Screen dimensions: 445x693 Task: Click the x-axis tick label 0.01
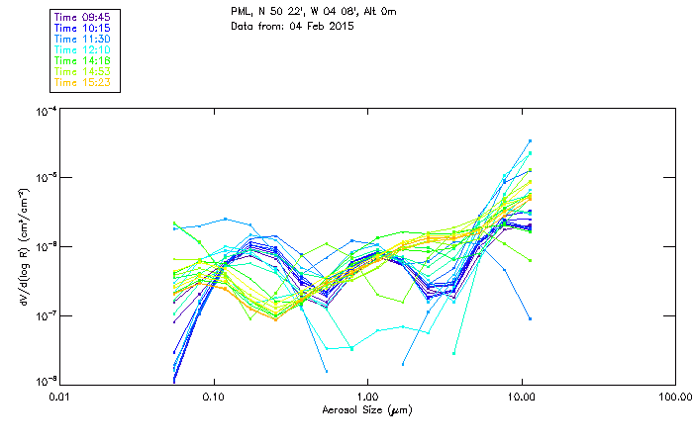click(x=60, y=397)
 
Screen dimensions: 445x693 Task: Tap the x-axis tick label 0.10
click(x=214, y=397)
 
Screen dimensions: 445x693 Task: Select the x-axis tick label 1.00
click(x=367, y=397)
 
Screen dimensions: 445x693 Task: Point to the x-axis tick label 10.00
click(x=521, y=397)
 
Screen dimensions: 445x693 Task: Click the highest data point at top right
click(x=530, y=141)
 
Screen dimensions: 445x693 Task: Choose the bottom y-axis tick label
click(x=44, y=381)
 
